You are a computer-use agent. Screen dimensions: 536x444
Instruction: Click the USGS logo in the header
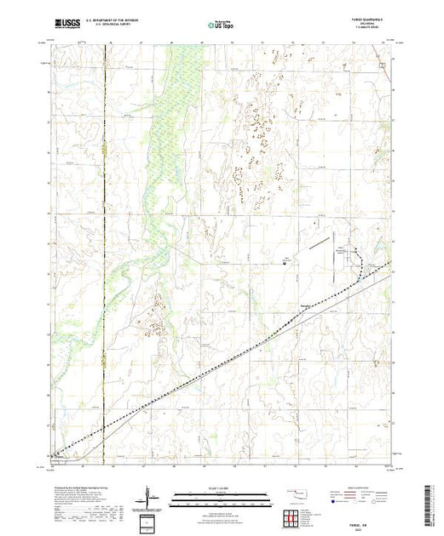click(66, 26)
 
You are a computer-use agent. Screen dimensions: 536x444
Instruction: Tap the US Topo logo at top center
click(222, 26)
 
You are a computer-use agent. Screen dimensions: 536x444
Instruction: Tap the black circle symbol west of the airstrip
click(284, 264)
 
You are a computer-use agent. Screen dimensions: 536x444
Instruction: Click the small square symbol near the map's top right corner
click(383, 65)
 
